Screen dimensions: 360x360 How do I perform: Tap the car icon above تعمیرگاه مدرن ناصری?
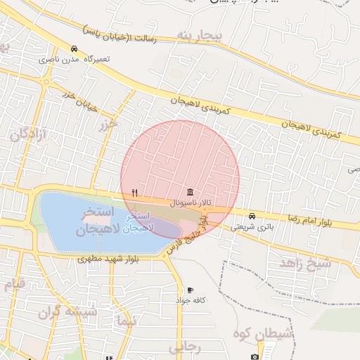click(x=74, y=49)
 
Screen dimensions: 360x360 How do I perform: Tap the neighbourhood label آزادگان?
click(x=27, y=134)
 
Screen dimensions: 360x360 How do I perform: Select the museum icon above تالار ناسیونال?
click(x=191, y=192)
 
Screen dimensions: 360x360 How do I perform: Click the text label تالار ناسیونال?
click(x=191, y=202)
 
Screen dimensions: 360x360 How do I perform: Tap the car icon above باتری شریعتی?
click(x=252, y=216)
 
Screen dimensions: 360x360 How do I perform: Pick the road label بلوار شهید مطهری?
click(x=108, y=259)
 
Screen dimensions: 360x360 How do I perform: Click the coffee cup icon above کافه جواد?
click(x=190, y=290)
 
